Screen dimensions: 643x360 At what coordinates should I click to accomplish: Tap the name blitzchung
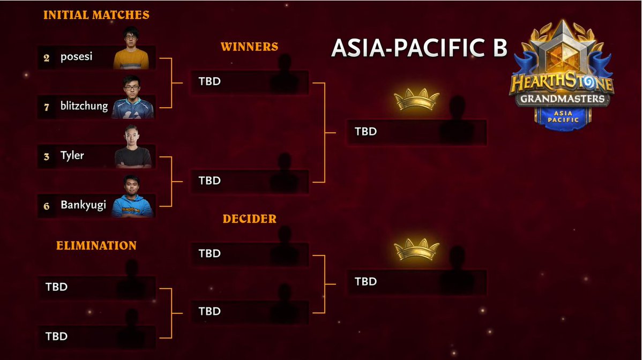click(x=84, y=107)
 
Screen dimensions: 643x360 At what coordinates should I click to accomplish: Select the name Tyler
click(x=72, y=156)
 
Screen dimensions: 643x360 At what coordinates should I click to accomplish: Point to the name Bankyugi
click(x=84, y=206)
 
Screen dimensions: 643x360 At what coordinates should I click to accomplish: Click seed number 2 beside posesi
click(x=47, y=57)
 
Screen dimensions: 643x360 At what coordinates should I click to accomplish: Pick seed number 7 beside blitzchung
click(x=47, y=107)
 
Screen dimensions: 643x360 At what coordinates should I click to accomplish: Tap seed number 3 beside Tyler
click(x=47, y=156)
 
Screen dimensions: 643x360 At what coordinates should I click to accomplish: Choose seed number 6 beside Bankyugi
click(x=47, y=206)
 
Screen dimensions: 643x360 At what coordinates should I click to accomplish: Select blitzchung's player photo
click(x=133, y=99)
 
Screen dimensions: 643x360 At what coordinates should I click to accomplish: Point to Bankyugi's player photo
click(x=133, y=197)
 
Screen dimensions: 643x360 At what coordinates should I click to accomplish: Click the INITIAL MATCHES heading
click(x=96, y=15)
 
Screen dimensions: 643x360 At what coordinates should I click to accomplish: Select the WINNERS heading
click(x=249, y=47)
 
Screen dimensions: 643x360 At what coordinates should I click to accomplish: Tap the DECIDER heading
click(x=249, y=219)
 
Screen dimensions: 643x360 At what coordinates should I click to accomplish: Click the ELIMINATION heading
click(x=96, y=245)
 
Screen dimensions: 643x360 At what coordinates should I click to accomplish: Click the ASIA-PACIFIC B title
click(x=419, y=47)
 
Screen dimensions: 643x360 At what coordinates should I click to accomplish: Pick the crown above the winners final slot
click(x=416, y=100)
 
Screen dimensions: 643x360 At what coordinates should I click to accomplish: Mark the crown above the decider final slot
click(x=416, y=250)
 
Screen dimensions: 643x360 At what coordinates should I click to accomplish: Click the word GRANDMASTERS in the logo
click(x=560, y=99)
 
